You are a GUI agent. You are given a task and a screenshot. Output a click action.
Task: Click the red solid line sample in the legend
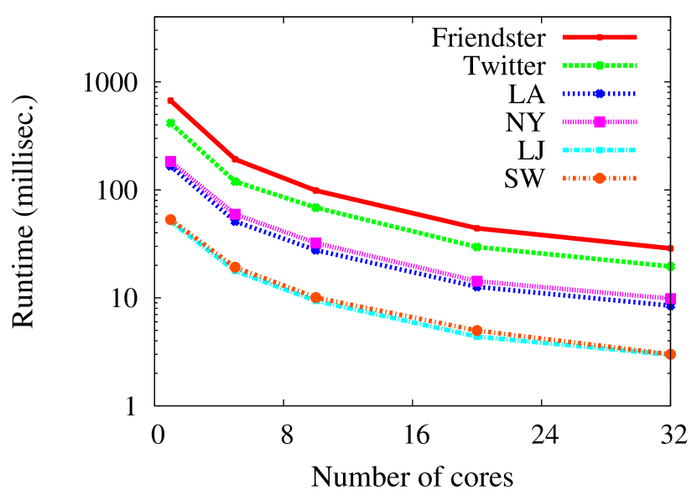(x=599, y=38)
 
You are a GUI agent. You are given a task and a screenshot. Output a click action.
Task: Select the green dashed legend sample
(x=599, y=65)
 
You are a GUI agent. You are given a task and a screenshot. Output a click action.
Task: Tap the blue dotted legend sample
(x=599, y=94)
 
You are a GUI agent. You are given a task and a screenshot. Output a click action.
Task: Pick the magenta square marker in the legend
(x=600, y=122)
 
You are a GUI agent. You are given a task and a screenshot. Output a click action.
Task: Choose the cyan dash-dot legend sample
(x=599, y=150)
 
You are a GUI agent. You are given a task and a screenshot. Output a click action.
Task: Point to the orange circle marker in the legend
(x=600, y=178)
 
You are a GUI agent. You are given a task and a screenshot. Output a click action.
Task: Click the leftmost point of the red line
(x=170, y=101)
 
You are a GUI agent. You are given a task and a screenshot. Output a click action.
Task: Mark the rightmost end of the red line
(x=670, y=248)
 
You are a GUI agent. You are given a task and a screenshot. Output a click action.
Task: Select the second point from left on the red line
(x=235, y=159)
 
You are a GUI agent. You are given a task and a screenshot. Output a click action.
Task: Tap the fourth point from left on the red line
(x=476, y=227)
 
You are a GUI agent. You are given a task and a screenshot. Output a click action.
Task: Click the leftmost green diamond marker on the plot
(x=170, y=123)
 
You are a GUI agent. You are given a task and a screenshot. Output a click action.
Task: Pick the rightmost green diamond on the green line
(x=670, y=266)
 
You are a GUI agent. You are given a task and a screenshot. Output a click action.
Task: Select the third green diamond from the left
(x=316, y=207)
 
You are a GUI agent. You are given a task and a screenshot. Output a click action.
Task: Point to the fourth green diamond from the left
(x=476, y=247)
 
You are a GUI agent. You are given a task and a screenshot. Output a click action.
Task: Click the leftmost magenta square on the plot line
(x=170, y=160)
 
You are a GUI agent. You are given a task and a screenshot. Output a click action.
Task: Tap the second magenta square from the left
(x=235, y=214)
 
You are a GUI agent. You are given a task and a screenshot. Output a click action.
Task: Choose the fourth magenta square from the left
(x=476, y=281)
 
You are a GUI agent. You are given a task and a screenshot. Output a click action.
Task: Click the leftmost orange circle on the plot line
(x=170, y=220)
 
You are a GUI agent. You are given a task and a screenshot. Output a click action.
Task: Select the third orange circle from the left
(x=316, y=298)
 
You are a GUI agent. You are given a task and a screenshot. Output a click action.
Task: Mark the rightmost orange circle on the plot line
(x=670, y=354)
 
